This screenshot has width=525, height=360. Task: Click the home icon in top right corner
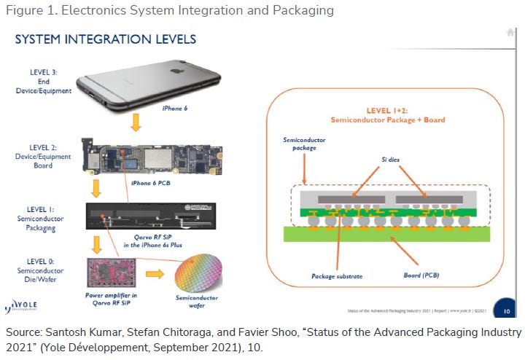(x=510, y=32)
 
